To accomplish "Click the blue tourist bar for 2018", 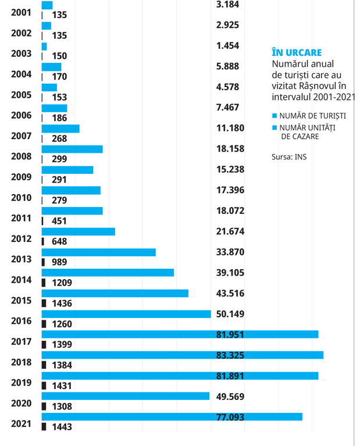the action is click(183, 355).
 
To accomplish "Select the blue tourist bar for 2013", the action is click(98, 252).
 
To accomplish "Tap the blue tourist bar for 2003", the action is click(44, 47).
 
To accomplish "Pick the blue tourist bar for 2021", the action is click(172, 417).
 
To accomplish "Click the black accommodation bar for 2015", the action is click(44, 303).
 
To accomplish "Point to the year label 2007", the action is click(21, 136).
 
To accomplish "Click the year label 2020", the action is click(21, 404).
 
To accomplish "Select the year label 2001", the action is click(21, 13).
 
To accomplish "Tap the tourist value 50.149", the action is click(230, 314).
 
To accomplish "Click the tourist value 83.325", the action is click(230, 355).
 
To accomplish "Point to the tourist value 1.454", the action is click(227, 45).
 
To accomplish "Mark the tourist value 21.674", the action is click(230, 231).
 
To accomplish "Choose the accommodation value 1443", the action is click(62, 427).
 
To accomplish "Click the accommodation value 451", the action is click(59, 221).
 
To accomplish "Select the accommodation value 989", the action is click(59, 262).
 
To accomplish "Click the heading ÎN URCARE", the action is click(297, 52).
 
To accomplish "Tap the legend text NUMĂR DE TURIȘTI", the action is click(313, 116).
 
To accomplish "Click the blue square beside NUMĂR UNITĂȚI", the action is click(275, 127).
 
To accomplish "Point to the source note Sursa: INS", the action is click(289, 157).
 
